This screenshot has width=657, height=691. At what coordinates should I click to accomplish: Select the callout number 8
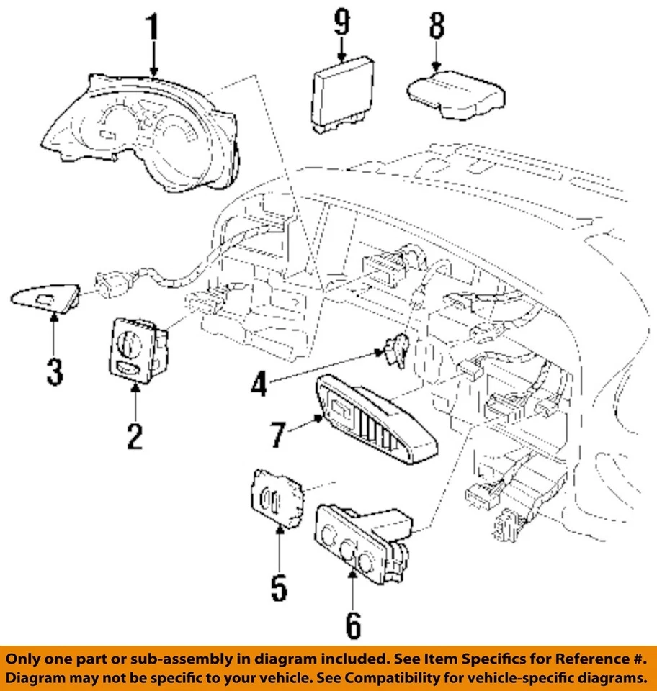(x=437, y=27)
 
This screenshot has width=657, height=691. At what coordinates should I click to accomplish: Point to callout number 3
(x=54, y=371)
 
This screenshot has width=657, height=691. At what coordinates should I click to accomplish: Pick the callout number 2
(x=134, y=436)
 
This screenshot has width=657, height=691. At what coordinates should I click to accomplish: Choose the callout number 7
(x=278, y=434)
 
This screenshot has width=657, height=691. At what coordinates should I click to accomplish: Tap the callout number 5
(x=280, y=587)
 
